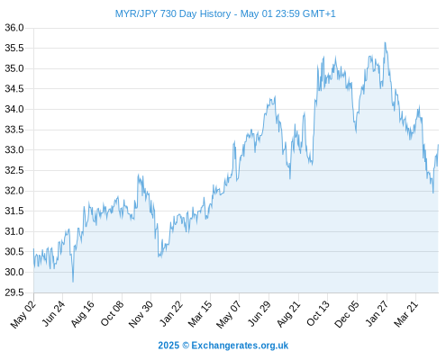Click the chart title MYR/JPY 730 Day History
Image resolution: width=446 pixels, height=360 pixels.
pyautogui.click(x=173, y=13)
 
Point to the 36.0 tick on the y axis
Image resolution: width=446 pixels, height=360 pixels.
pyautogui.click(x=14, y=28)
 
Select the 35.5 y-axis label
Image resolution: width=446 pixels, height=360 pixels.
pyautogui.click(x=14, y=48)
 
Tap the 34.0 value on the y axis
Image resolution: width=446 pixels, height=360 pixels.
pyautogui.click(x=14, y=109)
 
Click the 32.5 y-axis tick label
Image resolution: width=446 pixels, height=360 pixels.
pyautogui.click(x=14, y=170)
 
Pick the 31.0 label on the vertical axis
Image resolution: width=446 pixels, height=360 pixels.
pyautogui.click(x=14, y=231)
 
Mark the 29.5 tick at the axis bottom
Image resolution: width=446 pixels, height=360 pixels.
pyautogui.click(x=14, y=292)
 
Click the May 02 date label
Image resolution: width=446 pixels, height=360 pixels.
pyautogui.click(x=23, y=314)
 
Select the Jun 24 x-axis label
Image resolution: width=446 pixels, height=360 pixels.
pyautogui.click(x=53, y=314)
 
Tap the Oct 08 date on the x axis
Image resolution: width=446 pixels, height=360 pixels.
pyautogui.click(x=112, y=314)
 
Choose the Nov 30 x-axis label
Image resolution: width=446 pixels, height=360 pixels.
pyautogui.click(x=141, y=314)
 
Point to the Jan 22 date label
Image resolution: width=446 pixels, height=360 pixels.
pyautogui.click(x=171, y=314)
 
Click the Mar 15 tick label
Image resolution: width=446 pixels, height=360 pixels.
pyautogui.click(x=200, y=314)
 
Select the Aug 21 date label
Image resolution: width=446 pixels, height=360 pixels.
pyautogui.click(x=288, y=314)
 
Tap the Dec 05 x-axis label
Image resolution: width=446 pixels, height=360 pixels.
pyautogui.click(x=347, y=314)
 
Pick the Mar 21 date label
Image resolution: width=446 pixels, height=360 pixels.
pyautogui.click(x=406, y=314)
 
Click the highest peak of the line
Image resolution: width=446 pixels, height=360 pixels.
pyautogui.click(x=385, y=42)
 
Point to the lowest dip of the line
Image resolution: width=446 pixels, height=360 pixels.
pyautogui.click(x=73, y=282)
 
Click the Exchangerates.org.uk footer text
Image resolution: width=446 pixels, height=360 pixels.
pyautogui.click(x=240, y=346)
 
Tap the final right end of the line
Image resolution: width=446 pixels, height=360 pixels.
pyautogui.click(x=438, y=145)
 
